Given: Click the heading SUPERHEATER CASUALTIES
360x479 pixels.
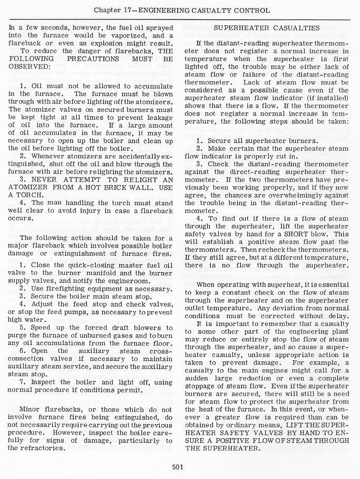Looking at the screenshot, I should point(266,27).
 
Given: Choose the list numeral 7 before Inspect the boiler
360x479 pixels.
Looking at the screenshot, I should point(22,382).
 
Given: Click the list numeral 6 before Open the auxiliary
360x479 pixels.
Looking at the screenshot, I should point(22,350).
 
